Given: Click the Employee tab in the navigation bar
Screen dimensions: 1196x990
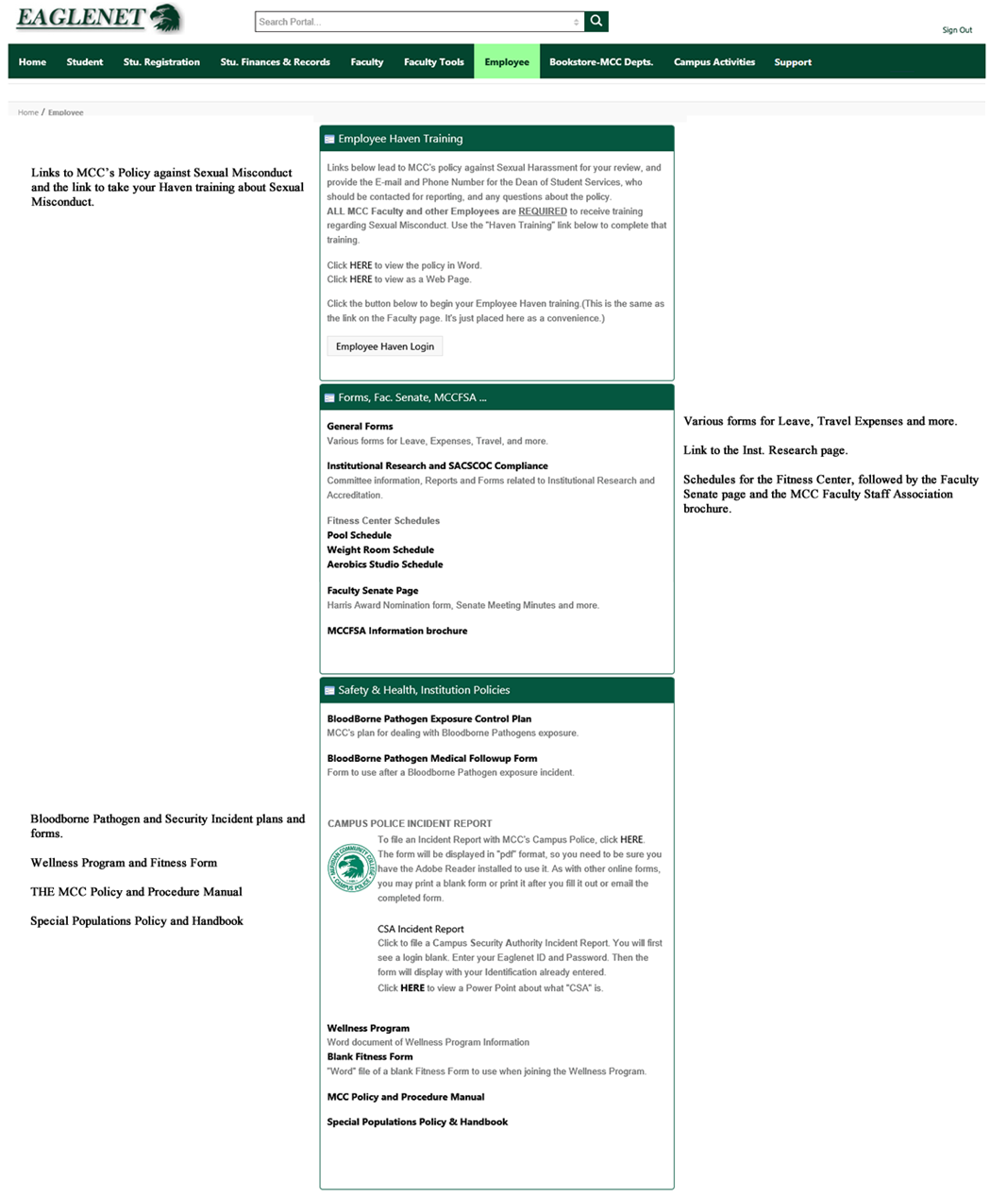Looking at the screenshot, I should point(507,62).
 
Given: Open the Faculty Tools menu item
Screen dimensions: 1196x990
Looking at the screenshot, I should point(433,62).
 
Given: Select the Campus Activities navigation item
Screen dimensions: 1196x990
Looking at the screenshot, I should point(713,62).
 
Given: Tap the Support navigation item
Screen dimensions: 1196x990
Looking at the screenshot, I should point(793,62).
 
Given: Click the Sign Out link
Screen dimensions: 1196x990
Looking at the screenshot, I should point(956,30).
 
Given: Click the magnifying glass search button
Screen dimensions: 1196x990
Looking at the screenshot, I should point(596,21).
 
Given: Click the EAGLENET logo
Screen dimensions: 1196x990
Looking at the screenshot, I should point(98,17).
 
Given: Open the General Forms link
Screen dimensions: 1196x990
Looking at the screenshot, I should point(360,427).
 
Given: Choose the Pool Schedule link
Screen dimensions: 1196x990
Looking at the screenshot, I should point(359,535).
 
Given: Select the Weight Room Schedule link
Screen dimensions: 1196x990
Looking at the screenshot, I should point(380,549).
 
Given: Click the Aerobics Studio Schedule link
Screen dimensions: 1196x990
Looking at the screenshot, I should point(384,564).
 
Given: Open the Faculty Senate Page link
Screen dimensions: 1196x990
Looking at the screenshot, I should point(372,591).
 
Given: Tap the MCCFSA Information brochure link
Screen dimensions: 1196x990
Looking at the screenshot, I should point(396,631).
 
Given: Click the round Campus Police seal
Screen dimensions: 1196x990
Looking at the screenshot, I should point(351,868).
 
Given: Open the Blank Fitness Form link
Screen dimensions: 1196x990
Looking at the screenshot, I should point(369,1057).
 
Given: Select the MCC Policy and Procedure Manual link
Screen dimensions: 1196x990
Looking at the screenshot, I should point(405,1097).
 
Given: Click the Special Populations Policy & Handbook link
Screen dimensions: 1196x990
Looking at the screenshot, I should point(417,1122).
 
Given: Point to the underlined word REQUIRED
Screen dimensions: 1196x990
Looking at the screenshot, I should point(543,211).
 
